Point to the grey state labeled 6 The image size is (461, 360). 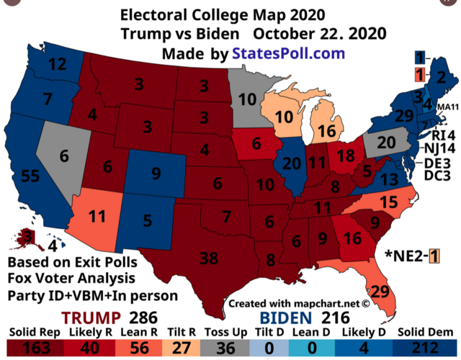click(64, 155)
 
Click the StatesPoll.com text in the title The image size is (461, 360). click(288, 53)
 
